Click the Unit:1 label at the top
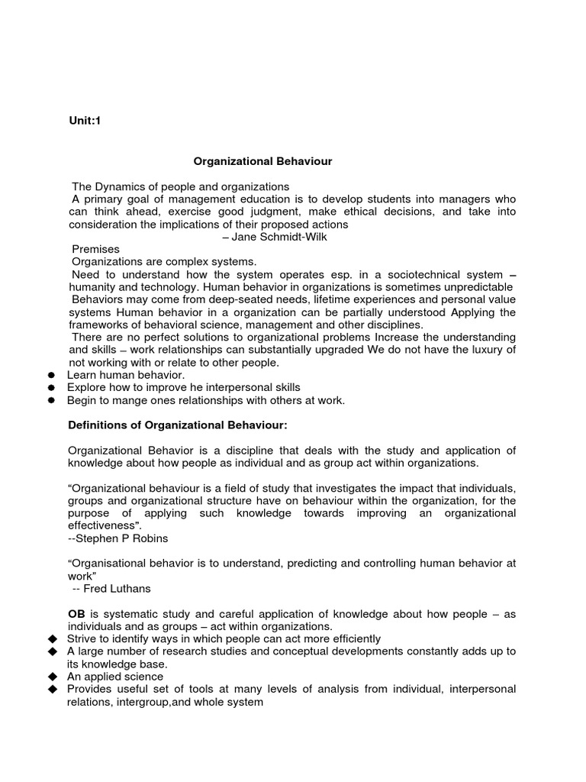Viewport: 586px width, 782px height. (x=85, y=121)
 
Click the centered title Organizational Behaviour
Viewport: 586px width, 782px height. (x=262, y=161)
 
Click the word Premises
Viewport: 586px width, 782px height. (x=95, y=249)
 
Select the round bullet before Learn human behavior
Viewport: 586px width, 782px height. (x=52, y=376)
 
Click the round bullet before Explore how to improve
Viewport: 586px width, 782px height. (x=52, y=388)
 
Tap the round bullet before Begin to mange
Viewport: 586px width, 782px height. (x=52, y=400)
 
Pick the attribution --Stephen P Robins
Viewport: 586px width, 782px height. (x=118, y=538)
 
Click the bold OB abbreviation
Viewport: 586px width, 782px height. (x=77, y=613)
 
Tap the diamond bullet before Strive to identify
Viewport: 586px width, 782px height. (x=52, y=638)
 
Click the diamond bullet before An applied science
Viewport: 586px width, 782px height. (x=52, y=677)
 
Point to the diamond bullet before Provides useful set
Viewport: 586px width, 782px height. (x=52, y=689)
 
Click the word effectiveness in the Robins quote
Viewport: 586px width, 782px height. (x=103, y=525)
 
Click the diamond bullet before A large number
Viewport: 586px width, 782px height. (x=52, y=651)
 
